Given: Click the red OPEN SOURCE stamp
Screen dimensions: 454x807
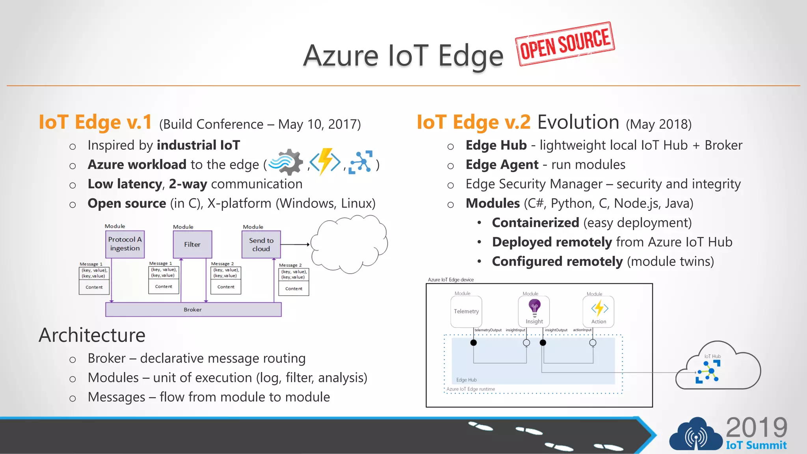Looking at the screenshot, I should click(565, 44).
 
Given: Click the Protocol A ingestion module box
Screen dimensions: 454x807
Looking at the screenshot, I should click(125, 244).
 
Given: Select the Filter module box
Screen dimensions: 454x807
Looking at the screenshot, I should click(192, 244).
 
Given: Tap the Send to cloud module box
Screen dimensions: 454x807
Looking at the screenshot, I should click(261, 244).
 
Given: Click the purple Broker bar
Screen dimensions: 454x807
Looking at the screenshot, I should click(193, 309).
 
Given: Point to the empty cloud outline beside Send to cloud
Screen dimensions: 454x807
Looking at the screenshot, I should click(349, 244).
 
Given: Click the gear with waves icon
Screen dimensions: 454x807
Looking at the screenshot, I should click(287, 162).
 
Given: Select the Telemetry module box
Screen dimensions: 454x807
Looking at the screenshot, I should click(466, 311).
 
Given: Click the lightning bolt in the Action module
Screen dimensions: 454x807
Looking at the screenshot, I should click(599, 308).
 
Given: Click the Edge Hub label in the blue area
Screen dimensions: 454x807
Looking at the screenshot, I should click(466, 380).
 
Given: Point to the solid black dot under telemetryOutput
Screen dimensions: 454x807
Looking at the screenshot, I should click(474, 342).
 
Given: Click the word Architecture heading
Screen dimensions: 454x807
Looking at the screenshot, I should click(92, 335).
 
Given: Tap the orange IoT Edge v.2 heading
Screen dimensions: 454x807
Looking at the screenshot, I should click(474, 122).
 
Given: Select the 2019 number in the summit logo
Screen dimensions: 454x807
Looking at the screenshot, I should click(756, 428).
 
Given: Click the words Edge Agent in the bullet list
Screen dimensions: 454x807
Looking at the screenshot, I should click(502, 165).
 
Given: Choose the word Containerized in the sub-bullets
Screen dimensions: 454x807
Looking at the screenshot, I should click(535, 223).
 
